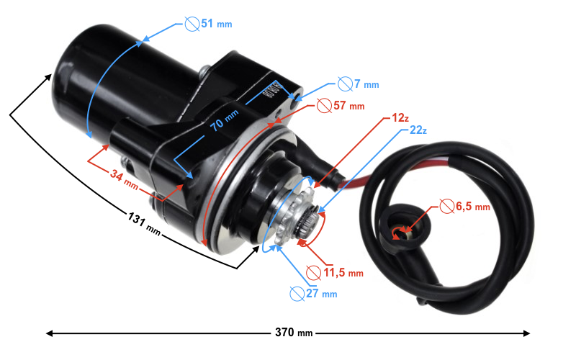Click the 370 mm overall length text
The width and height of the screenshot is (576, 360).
coord(294,333)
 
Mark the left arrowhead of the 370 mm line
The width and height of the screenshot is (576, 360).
coord(50,333)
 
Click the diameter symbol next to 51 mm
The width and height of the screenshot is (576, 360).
coord(192,24)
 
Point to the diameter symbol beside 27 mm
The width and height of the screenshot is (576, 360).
coord(296,293)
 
